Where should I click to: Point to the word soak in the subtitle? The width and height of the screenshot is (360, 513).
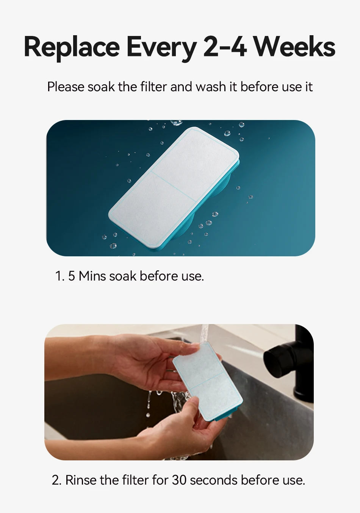pyautogui.click(x=101, y=87)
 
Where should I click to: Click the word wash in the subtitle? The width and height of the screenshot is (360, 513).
pyautogui.click(x=211, y=87)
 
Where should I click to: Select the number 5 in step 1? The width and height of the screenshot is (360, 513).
pyautogui.click(x=72, y=276)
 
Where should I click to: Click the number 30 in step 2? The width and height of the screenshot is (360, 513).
pyautogui.click(x=179, y=480)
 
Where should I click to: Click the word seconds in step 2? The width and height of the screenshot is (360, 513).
pyautogui.click(x=213, y=480)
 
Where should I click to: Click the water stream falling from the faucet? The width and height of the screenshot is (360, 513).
pyautogui.click(x=204, y=334)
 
